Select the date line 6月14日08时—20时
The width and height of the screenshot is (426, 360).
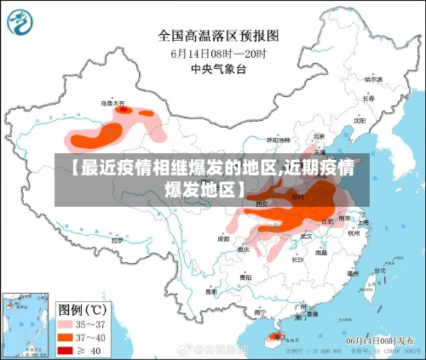(x=220, y=53)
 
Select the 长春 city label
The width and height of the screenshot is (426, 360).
(x=368, y=98)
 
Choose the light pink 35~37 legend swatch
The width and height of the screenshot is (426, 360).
(x=66, y=324)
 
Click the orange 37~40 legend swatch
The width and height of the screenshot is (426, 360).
(x=66, y=337)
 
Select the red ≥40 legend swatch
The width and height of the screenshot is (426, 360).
(x=66, y=350)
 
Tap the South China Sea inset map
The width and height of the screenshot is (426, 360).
(x=24, y=323)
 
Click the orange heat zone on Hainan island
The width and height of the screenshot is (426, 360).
(x=275, y=337)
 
